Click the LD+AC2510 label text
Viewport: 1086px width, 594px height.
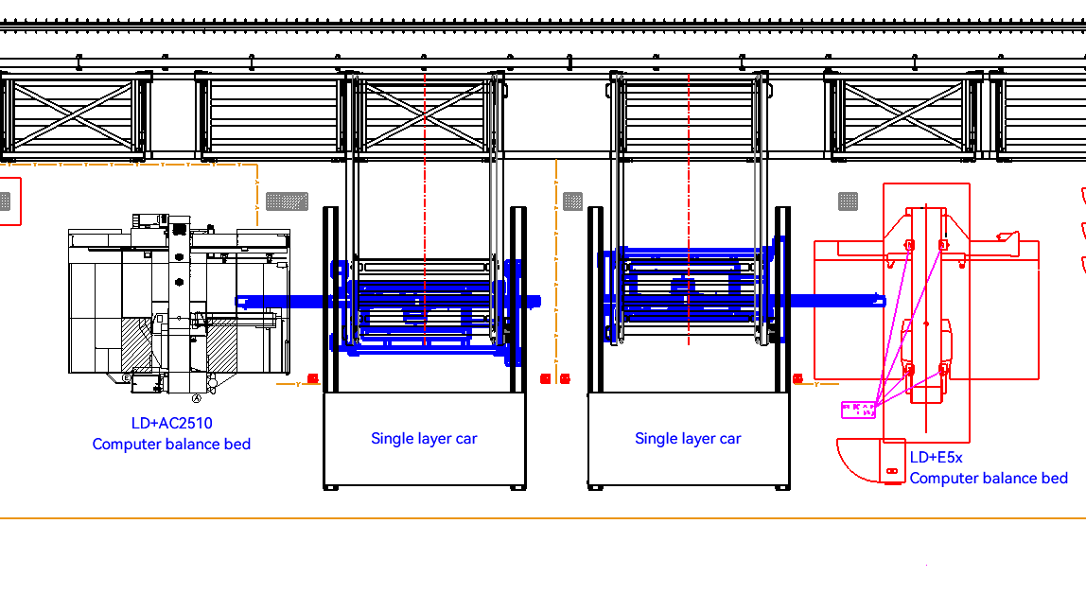(x=171, y=424)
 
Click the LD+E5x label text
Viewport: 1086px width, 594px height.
(x=936, y=458)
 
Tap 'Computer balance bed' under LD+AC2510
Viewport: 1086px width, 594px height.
(x=171, y=445)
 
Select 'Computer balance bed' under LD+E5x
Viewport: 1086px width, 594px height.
(x=989, y=479)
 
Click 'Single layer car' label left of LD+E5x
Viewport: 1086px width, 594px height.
(x=688, y=439)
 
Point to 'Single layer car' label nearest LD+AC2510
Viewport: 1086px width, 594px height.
(x=424, y=439)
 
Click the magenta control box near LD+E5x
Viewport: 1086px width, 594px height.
(x=858, y=410)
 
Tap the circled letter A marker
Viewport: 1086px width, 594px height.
(x=198, y=399)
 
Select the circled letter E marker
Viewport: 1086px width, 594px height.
(x=126, y=377)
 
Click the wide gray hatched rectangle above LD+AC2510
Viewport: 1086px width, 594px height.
(x=287, y=201)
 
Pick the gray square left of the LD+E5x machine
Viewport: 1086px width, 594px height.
(x=849, y=201)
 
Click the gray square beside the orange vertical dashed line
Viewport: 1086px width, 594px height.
(x=572, y=201)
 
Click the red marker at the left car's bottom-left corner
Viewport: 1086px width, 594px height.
(x=313, y=378)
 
